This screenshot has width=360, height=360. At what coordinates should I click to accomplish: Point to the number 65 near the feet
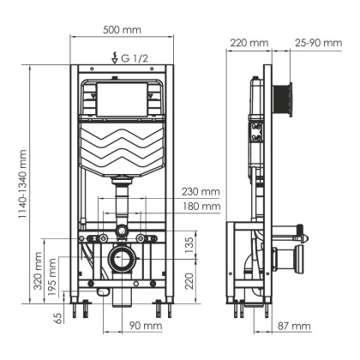click(58, 318)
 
